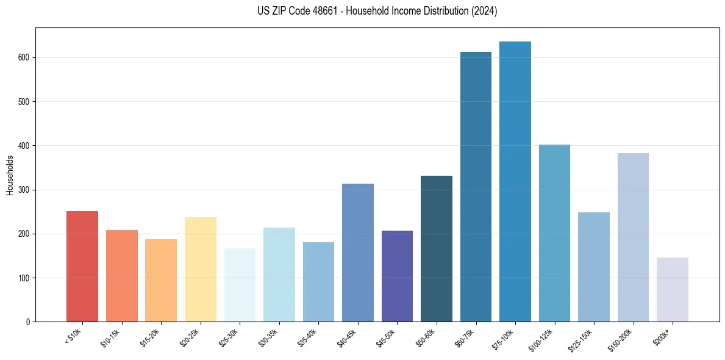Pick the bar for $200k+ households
point(673,289)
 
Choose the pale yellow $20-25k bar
point(201,269)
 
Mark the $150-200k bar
point(633,237)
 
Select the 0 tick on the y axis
point(28,322)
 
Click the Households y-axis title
point(10,175)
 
